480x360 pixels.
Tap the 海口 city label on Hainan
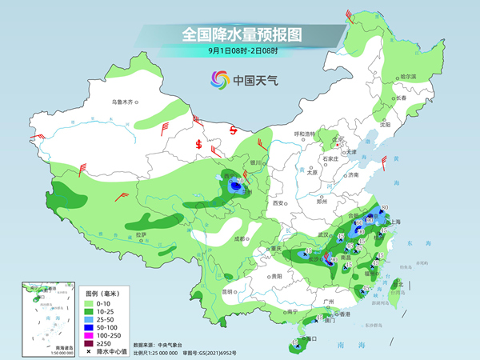(310, 338)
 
